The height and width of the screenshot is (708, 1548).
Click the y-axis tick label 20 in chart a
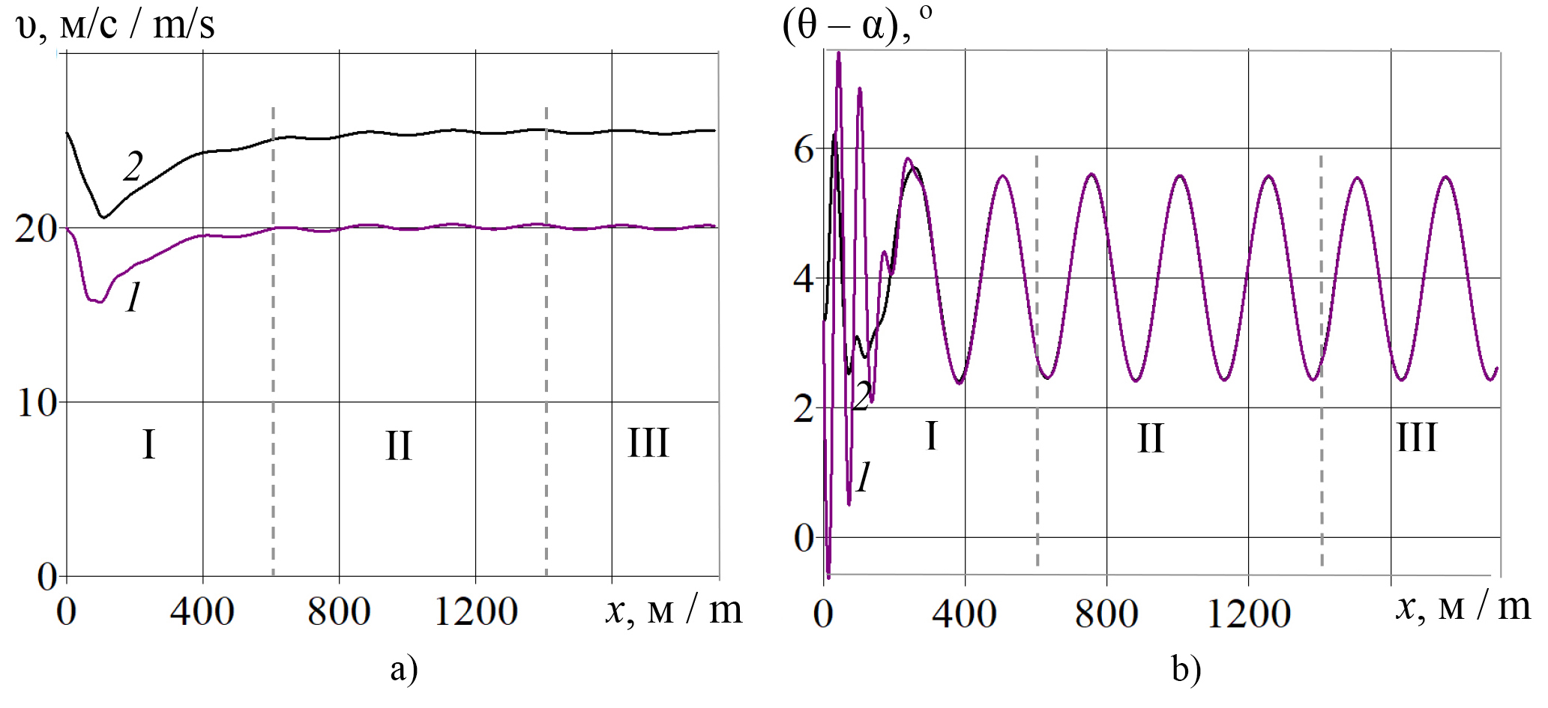(36, 228)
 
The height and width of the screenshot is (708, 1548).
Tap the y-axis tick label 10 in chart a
(36, 403)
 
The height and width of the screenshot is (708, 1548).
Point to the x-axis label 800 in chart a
(339, 611)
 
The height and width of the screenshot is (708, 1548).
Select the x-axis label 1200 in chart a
(476, 611)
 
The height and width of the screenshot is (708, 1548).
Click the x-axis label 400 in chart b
(964, 614)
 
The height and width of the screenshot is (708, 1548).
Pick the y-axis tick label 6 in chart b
(804, 150)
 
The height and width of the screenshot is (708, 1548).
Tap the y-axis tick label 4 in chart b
(804, 279)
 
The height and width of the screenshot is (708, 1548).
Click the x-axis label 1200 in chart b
(1248, 614)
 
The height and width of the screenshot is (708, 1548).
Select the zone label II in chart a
(399, 446)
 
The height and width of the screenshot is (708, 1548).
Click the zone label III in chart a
(648, 443)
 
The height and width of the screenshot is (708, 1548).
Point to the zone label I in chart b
(932, 436)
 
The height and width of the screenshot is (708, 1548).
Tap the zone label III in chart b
(1417, 438)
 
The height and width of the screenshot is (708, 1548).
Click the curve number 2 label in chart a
(133, 166)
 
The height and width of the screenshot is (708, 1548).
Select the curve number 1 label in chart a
(133, 297)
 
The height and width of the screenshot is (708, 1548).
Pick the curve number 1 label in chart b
(864, 476)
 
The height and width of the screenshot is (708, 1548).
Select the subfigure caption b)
(1186, 669)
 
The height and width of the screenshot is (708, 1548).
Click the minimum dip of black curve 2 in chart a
(104, 217)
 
